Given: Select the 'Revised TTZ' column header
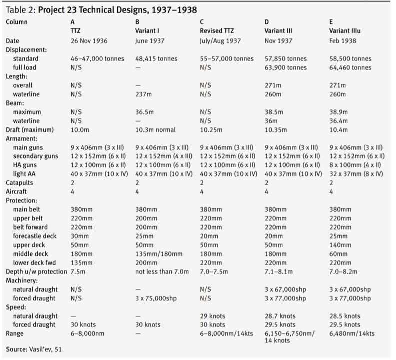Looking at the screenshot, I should click(x=217, y=31).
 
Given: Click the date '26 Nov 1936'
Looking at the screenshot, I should click(x=89, y=40).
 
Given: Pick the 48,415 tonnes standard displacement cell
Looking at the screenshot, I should click(x=156, y=58).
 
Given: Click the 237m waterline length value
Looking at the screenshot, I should click(x=144, y=94).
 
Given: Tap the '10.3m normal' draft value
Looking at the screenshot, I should click(x=155, y=130).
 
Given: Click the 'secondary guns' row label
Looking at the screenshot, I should click(x=35, y=156).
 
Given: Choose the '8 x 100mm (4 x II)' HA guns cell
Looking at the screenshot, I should click(x=355, y=165).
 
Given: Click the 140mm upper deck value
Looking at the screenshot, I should click(x=340, y=245).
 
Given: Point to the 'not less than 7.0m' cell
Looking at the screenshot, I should click(x=162, y=271).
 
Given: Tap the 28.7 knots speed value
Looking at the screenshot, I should click(x=280, y=316).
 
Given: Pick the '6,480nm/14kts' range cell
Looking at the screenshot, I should click(x=351, y=333).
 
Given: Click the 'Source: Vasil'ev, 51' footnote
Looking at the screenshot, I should click(x=34, y=349).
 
